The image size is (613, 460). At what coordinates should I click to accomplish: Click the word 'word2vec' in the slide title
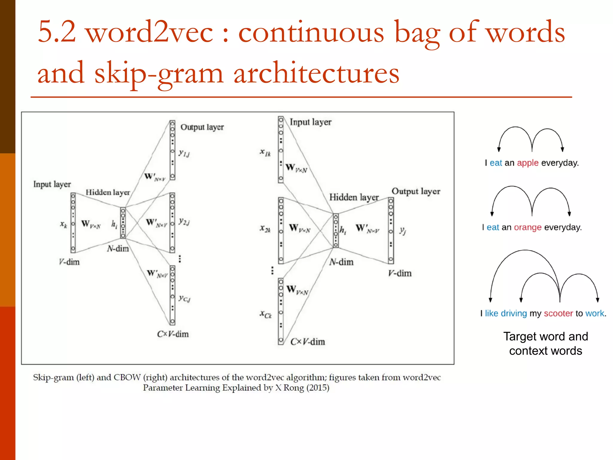[x=150, y=32]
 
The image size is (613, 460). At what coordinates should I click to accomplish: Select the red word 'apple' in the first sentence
[x=527, y=163]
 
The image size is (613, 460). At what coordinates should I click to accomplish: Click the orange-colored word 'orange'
[x=527, y=227]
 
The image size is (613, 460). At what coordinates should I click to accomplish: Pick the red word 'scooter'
[x=558, y=314]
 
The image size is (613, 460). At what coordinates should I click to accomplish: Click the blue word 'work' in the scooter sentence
[x=595, y=314]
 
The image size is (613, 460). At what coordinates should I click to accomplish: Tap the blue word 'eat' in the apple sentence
[x=496, y=163]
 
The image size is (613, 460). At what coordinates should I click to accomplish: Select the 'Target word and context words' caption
[x=545, y=344]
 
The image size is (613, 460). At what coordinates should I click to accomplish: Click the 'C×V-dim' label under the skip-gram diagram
[x=173, y=334]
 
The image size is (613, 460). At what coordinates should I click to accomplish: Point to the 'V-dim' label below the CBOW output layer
[x=400, y=273]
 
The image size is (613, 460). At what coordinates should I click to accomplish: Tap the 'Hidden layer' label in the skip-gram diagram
[x=108, y=192]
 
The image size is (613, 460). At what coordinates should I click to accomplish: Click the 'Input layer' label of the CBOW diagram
[x=310, y=122]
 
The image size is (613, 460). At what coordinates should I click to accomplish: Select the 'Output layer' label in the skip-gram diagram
[x=202, y=127]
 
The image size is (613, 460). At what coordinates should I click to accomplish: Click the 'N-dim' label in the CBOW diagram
[x=341, y=262]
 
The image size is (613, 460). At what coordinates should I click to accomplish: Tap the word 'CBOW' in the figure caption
[x=127, y=377]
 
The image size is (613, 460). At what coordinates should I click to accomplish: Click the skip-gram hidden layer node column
[x=123, y=223]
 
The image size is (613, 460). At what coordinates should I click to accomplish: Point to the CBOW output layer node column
[x=391, y=231]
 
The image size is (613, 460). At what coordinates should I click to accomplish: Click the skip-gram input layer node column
[x=73, y=223]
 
